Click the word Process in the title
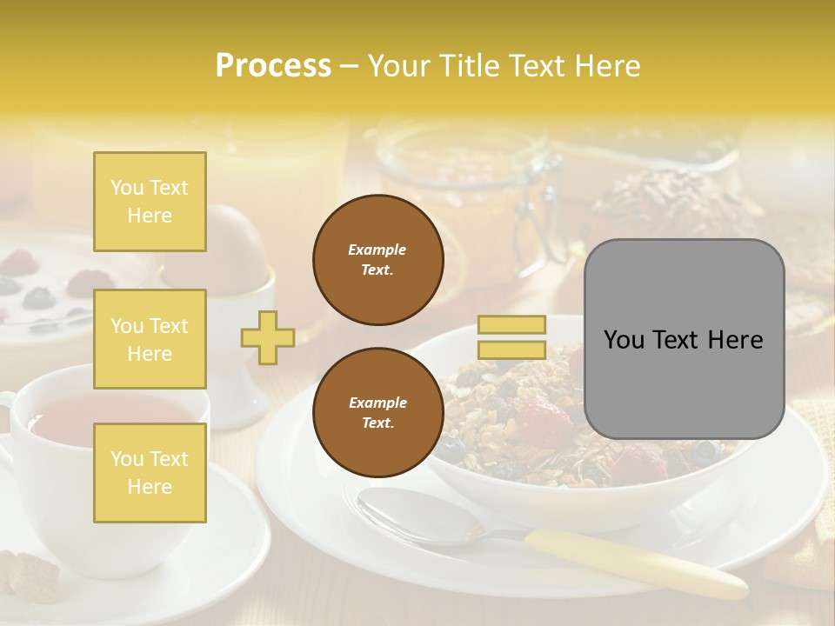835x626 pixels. pos(273,66)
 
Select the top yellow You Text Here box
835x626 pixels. pos(150,202)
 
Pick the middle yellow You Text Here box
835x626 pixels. pos(150,339)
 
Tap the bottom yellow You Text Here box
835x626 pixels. pos(150,472)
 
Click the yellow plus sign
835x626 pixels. pos(268,336)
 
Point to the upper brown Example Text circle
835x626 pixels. pos(378,260)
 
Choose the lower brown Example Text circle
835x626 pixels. pos(378,412)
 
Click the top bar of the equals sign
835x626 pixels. pos(512,325)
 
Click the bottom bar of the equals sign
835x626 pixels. pos(512,350)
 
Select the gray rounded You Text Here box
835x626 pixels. pos(684,339)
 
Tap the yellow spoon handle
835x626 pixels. pos(635,562)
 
